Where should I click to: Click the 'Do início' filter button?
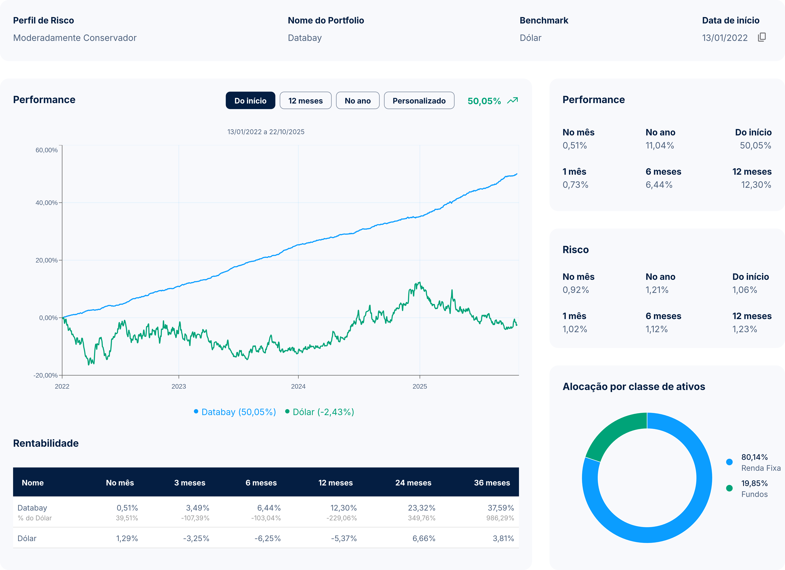[x=250, y=100]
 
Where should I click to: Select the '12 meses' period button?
[x=305, y=100]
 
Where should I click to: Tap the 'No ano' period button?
[x=357, y=100]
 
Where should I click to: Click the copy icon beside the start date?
[x=762, y=37]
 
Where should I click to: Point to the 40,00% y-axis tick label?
[x=46, y=203]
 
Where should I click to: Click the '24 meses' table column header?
[x=413, y=482]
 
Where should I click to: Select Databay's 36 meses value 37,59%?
[x=500, y=508]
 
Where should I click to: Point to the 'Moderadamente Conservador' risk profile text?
[x=75, y=38]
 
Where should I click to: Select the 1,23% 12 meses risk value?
[x=745, y=329]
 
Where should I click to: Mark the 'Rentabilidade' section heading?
[x=46, y=443]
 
